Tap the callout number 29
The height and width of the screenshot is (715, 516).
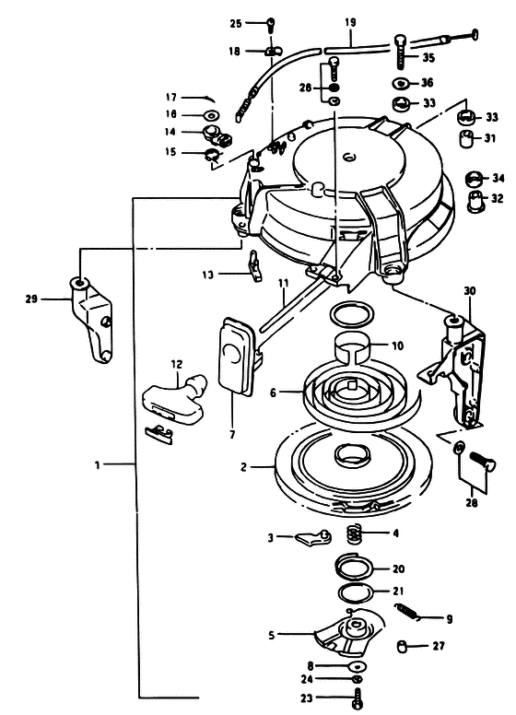pyautogui.click(x=31, y=299)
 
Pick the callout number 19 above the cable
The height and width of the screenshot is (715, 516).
pyautogui.click(x=350, y=22)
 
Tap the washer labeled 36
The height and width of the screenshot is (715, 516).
pyautogui.click(x=400, y=84)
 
